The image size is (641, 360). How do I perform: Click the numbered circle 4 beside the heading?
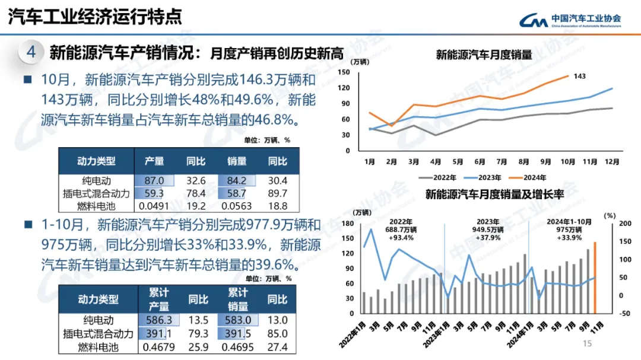point(31,52)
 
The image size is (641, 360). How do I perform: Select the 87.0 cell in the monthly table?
point(154,181)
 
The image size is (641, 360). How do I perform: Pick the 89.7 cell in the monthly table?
point(277,193)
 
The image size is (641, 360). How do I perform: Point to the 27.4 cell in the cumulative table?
point(277,347)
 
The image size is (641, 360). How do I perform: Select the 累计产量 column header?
point(158,300)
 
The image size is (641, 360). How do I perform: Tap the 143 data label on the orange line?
point(580,76)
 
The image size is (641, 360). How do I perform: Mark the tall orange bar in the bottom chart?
point(595,278)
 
